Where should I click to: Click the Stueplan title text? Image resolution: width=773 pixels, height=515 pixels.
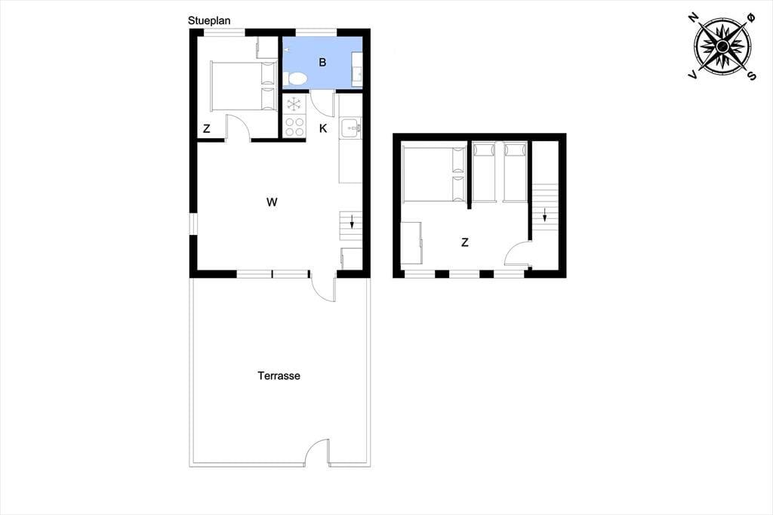click(209, 20)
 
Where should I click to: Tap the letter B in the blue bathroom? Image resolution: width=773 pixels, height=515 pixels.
click(322, 62)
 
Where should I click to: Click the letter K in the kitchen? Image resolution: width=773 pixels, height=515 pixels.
click(323, 128)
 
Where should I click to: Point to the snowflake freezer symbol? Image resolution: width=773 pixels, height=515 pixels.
click(294, 104)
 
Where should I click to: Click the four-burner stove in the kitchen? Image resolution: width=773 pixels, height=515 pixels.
click(295, 126)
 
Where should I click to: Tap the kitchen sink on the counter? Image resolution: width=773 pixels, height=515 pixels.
click(350, 128)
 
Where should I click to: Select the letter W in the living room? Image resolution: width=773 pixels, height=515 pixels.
click(272, 202)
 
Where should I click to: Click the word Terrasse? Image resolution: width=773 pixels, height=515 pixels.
click(279, 376)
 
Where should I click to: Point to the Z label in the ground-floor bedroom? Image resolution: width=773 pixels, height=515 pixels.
click(207, 128)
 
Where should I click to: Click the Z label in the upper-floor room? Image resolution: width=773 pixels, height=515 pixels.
click(464, 242)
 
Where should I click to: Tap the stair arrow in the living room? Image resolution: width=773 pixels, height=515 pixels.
click(352, 221)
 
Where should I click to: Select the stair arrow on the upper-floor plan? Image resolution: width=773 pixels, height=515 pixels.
click(545, 215)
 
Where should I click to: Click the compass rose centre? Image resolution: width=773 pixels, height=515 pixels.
click(722, 46)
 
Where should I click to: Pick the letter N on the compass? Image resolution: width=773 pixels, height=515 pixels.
click(694, 19)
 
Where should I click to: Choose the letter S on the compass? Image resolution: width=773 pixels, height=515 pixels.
click(752, 76)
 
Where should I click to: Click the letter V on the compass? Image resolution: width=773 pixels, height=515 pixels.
click(693, 75)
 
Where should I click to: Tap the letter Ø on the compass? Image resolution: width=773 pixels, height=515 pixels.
click(751, 18)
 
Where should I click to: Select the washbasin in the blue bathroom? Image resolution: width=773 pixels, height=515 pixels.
click(357, 63)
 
